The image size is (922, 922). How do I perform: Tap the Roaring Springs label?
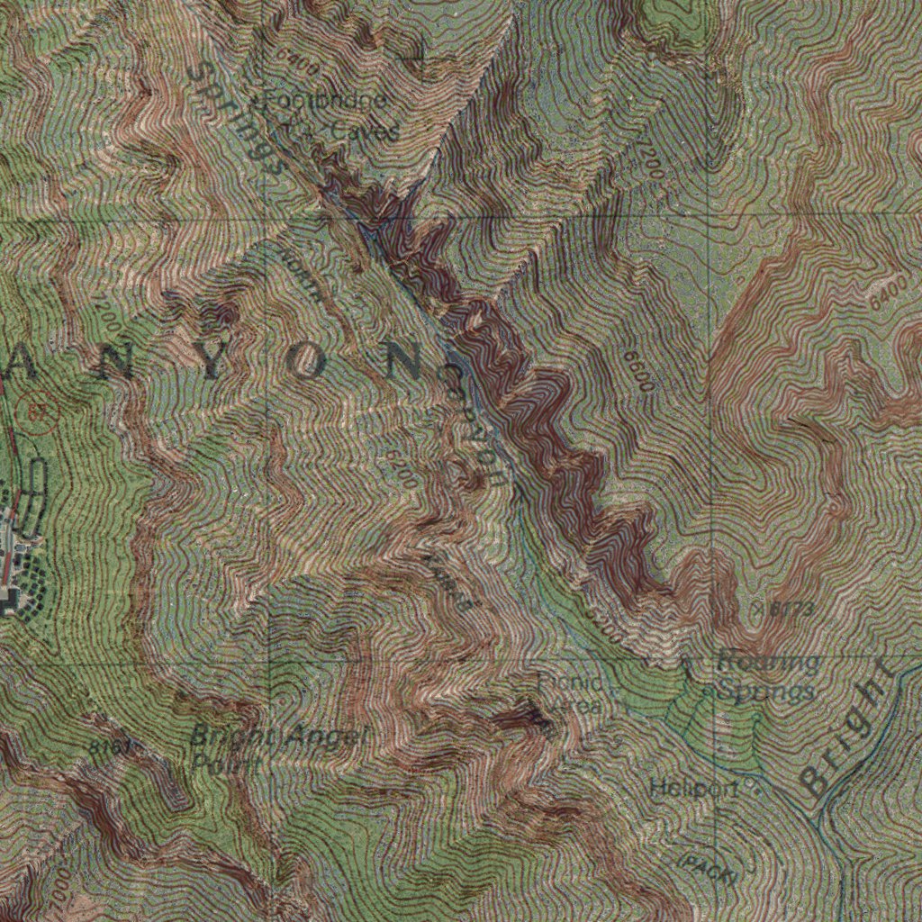(x=767, y=677)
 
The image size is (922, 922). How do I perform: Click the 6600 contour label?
(x=637, y=370)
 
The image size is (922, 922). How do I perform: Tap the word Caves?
(x=364, y=131)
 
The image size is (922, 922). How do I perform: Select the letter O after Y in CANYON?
(x=306, y=362)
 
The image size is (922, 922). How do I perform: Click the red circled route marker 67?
(x=40, y=411)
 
